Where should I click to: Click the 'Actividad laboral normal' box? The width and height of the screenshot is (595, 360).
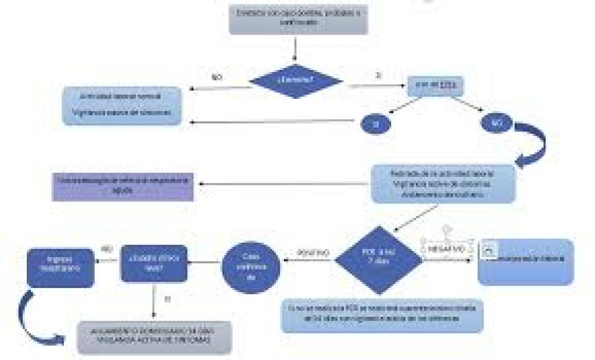121,105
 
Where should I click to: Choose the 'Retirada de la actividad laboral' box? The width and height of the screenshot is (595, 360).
443,183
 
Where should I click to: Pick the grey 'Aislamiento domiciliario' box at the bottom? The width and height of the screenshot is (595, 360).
154,337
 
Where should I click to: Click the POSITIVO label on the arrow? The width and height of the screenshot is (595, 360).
313,252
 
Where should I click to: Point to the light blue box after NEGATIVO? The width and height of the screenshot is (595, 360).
525,262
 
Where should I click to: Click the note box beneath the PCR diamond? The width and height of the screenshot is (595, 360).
382,315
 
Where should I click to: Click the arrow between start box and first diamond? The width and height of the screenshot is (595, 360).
296,49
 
